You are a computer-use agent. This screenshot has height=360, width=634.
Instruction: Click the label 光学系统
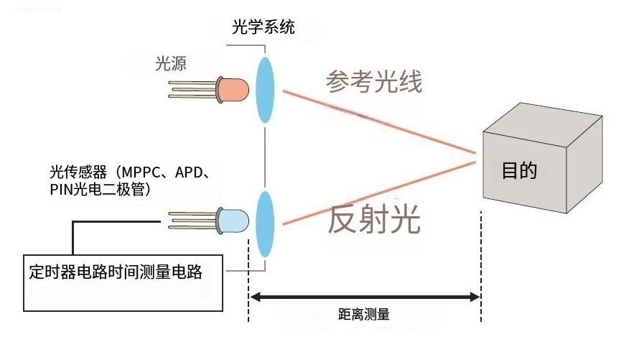tap(264, 27)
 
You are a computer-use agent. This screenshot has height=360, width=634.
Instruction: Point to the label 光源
tap(171, 63)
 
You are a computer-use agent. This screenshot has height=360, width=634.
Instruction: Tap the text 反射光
tap(373, 219)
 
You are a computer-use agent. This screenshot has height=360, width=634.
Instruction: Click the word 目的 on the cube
tap(519, 170)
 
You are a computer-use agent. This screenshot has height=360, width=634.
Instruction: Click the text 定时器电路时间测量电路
tap(116, 272)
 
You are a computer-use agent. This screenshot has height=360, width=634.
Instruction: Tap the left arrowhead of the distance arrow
tap(256, 297)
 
